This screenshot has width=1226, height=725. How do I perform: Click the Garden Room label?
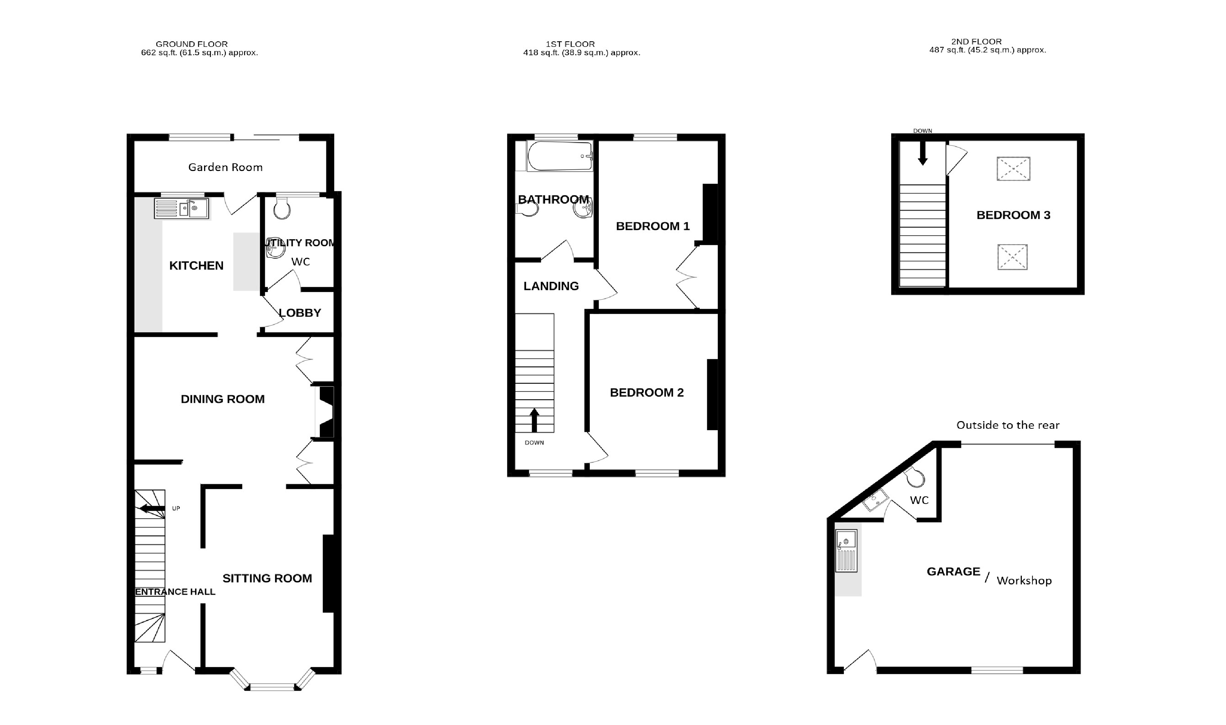[x=225, y=168]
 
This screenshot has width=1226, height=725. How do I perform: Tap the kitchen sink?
[x=181, y=208]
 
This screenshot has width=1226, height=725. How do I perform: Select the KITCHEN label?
[x=196, y=266]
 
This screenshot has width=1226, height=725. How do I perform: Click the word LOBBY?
[x=300, y=313]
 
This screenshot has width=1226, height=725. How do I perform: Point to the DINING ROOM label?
[x=223, y=399]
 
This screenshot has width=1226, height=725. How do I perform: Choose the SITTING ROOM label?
[x=267, y=578]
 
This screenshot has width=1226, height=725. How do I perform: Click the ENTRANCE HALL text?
[x=175, y=592]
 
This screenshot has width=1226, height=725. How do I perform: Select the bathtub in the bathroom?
[x=560, y=156]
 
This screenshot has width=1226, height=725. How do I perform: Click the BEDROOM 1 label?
[x=653, y=226]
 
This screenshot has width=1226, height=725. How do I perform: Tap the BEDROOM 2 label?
[x=647, y=393]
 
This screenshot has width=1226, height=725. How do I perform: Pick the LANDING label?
[x=551, y=286]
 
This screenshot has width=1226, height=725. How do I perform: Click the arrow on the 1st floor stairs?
[x=535, y=420]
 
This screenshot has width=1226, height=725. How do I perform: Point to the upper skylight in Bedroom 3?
[x=1013, y=169]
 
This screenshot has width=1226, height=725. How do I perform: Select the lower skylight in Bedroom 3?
[x=1012, y=257]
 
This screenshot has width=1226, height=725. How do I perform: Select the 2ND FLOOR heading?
[x=976, y=42]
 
